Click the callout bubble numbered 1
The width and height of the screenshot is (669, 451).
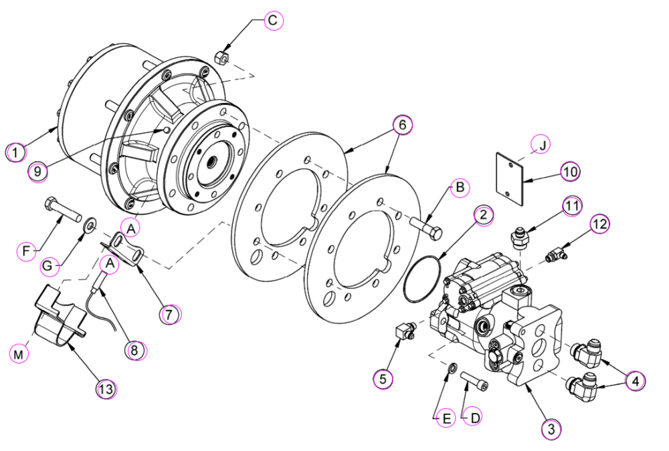[16, 152]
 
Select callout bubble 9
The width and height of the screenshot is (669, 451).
[38, 171]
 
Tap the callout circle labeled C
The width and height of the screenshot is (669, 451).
[273, 20]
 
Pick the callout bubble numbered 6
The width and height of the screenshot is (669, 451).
[402, 125]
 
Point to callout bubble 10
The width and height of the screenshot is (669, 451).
[571, 172]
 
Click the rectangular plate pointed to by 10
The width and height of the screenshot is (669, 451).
[510, 178]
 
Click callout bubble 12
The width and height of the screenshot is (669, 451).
[600, 224]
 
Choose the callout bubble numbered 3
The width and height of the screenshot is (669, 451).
[551, 428]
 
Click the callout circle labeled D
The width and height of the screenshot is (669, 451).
[475, 418]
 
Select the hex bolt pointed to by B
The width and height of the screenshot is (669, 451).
[427, 228]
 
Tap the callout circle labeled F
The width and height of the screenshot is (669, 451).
[27, 251]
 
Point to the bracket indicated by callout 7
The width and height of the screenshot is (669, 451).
[124, 249]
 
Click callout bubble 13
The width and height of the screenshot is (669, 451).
[106, 388]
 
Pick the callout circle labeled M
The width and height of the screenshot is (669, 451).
[18, 354]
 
